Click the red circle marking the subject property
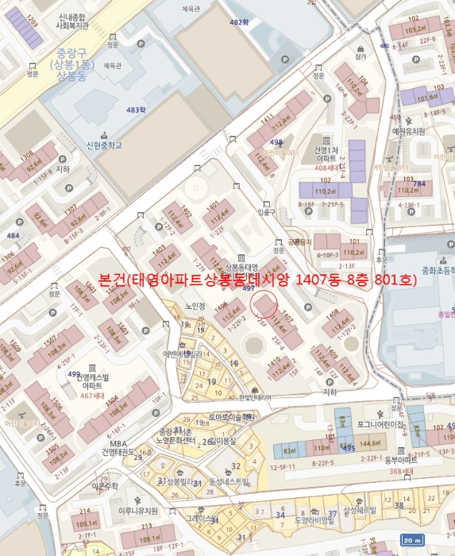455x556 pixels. coord(264,303)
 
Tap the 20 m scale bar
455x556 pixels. coord(411,539)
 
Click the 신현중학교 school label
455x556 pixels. coord(105,145)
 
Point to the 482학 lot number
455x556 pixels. coord(239,22)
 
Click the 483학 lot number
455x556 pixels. coord(137,109)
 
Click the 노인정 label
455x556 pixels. coord(195,305)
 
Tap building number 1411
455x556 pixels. coord(267,120)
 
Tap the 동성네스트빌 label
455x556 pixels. coord(229,481)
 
